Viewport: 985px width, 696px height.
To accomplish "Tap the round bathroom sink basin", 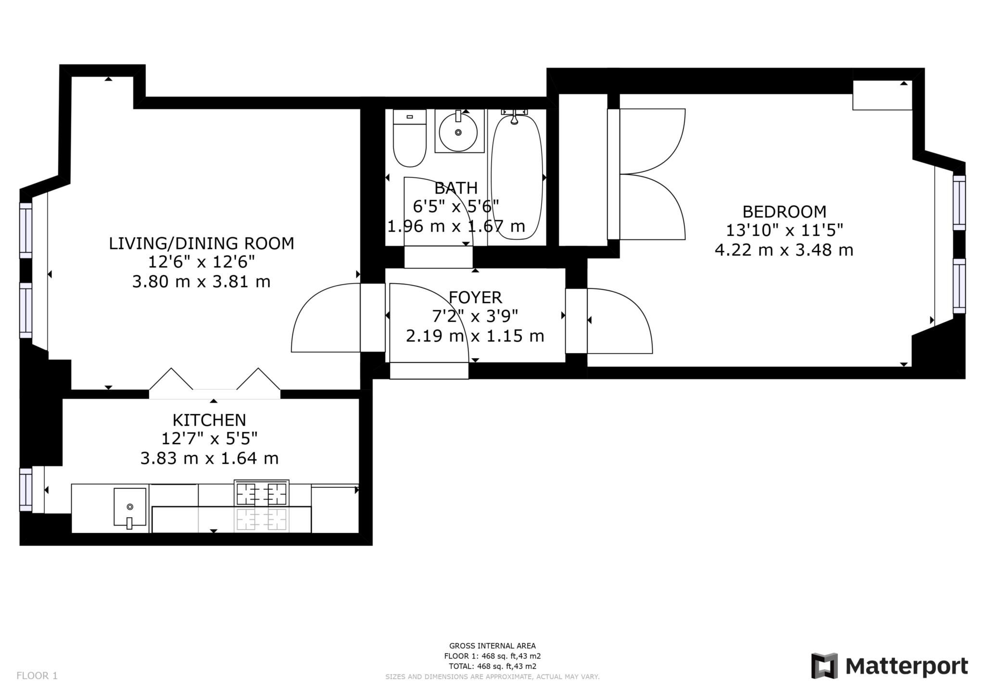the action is click(458, 131).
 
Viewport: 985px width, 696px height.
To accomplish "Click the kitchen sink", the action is click(130, 508).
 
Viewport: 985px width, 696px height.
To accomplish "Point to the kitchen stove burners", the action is click(262, 493).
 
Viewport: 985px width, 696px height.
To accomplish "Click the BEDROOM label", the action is click(784, 211).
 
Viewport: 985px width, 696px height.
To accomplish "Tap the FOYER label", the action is click(475, 298).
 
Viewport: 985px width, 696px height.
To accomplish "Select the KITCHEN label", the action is click(209, 420).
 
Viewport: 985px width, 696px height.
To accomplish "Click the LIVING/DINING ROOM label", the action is click(201, 244).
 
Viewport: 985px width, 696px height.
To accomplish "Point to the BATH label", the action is click(456, 187).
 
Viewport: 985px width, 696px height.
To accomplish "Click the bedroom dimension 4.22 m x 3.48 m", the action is click(784, 250).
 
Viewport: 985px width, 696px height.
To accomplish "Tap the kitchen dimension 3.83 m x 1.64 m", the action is click(209, 458).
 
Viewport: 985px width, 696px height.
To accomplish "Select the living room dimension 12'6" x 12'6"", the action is click(201, 262).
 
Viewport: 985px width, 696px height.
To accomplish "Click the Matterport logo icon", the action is click(824, 666).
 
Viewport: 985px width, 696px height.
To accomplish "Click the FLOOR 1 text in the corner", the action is click(37, 676).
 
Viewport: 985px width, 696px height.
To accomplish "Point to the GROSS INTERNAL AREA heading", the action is click(492, 646).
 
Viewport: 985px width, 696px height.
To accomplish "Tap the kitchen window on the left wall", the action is click(25, 489).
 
